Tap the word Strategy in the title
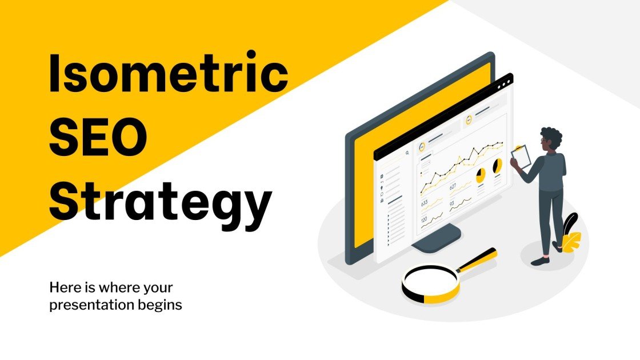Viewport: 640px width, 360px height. pyautogui.click(x=159, y=203)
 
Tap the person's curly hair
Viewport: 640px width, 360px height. pyautogui.click(x=551, y=138)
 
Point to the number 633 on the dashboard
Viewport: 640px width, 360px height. pyautogui.click(x=425, y=203)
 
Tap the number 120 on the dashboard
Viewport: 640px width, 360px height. pyautogui.click(x=424, y=220)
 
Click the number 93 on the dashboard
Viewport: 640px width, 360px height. pyautogui.click(x=452, y=203)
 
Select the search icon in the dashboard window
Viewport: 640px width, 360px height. pyautogui.click(x=407, y=153)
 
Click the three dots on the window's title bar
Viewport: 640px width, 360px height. pyautogui.click(x=505, y=84)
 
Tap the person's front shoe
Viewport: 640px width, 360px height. pyautogui.click(x=540, y=261)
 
